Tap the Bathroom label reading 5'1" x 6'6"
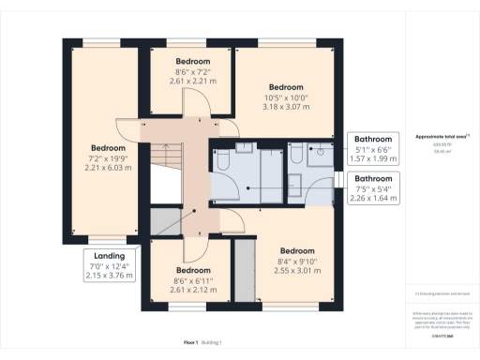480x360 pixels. tap(372, 147)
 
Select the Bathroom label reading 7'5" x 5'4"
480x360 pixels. tap(372, 186)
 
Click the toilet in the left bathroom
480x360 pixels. tap(224, 163)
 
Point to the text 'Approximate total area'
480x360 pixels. tap(438, 136)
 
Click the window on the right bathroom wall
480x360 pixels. tap(337, 179)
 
